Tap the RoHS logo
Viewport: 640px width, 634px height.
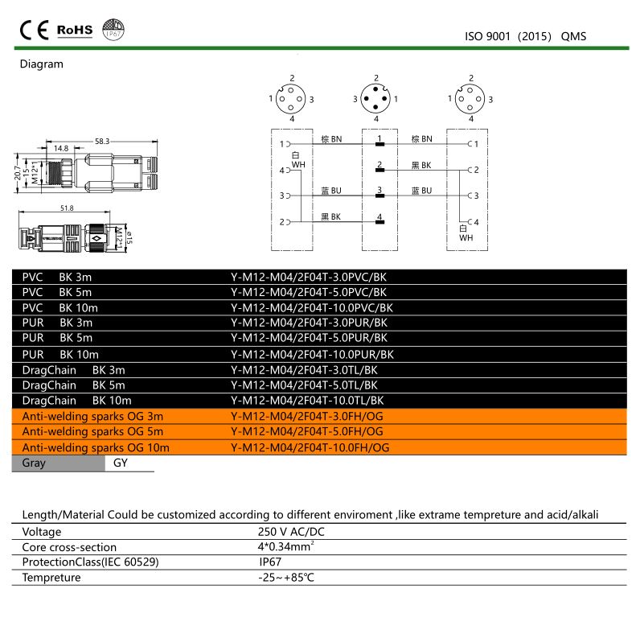[75, 31]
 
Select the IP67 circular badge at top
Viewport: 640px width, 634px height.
[113, 31]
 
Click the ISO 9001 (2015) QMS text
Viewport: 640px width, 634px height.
[526, 36]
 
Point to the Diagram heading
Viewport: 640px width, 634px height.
[41, 64]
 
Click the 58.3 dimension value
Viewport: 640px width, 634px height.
[101, 141]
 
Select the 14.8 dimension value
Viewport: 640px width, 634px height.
[61, 148]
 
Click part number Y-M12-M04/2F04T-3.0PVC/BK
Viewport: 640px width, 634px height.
[309, 277]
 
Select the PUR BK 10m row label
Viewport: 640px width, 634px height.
[60, 354]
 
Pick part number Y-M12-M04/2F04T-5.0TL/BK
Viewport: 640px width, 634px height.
[309, 385]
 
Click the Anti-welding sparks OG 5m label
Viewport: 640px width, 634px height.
[92, 431]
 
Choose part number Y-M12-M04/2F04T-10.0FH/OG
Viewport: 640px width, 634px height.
[310, 447]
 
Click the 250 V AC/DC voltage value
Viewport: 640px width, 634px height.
[291, 532]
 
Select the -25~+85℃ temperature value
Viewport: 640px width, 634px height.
[286, 578]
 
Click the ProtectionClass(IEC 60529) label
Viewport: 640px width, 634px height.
[90, 562]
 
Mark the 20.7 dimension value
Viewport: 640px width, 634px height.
[18, 175]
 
